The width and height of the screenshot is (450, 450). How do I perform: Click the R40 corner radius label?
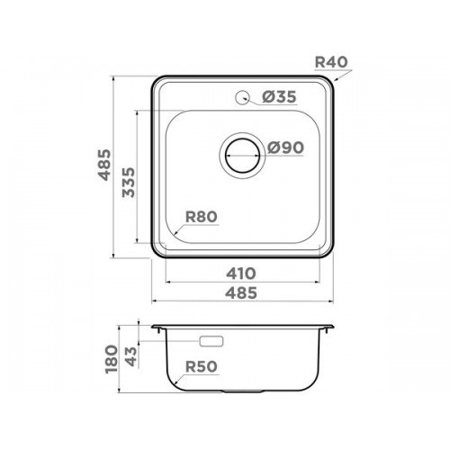tap(331, 62)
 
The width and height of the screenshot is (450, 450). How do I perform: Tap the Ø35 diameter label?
tap(279, 96)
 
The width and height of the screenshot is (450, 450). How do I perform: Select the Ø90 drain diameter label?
tap(285, 148)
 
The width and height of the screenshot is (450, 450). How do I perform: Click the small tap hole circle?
tap(242, 97)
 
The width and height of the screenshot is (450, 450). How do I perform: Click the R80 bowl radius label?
tap(202, 217)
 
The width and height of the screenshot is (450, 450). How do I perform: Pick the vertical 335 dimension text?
tap(129, 182)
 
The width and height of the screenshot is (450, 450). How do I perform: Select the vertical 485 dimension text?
tap(105, 165)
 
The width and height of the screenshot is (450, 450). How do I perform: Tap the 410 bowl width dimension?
tap(241, 274)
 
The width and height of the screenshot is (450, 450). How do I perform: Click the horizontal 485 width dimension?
tap(241, 292)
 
